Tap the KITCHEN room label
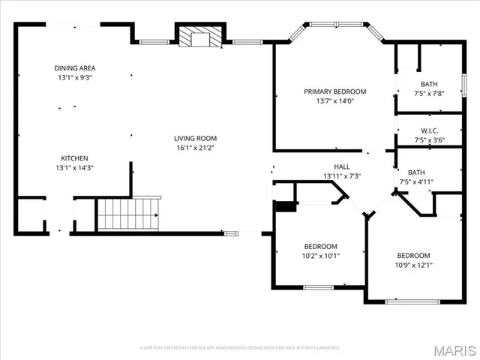75,158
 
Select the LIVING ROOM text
195,138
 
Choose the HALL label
342,166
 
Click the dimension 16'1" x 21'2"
195,148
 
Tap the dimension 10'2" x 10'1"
320,256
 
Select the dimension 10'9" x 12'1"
413,265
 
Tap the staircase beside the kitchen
129,214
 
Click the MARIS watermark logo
454,349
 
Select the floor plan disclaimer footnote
239,348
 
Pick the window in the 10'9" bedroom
412,301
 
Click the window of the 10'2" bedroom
319,286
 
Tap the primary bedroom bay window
334,25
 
